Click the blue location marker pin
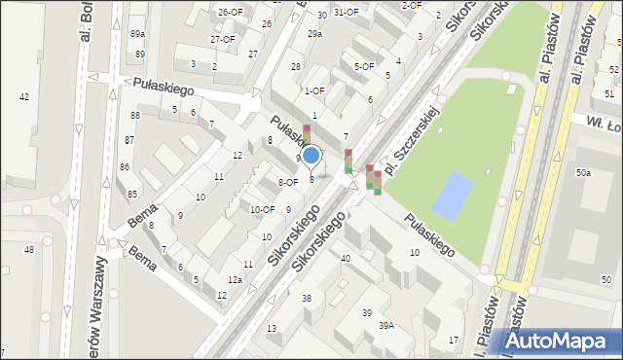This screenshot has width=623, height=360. coord(311,156)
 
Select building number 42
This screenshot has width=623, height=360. coord(24,96)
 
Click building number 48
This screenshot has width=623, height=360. coord(29,250)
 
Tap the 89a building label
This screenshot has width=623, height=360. coord(137,33)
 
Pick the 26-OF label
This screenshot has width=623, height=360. coord(230,12)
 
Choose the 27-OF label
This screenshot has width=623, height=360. coord(222,40)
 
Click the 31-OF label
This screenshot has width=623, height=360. coord(347,13)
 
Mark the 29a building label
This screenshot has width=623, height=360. coord(314,34)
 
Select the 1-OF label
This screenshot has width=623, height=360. coord(313,90)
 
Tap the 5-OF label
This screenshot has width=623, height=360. coord(364,66)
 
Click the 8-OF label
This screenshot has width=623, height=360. coord(288,182)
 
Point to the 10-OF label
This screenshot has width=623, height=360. coord(262,209)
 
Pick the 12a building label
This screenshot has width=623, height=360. coord(235,279)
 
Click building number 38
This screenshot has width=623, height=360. coord(306,298)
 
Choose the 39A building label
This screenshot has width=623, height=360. coord(386,326)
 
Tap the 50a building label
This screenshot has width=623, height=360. coord(582,172)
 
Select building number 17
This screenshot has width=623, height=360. coord(454,339)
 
